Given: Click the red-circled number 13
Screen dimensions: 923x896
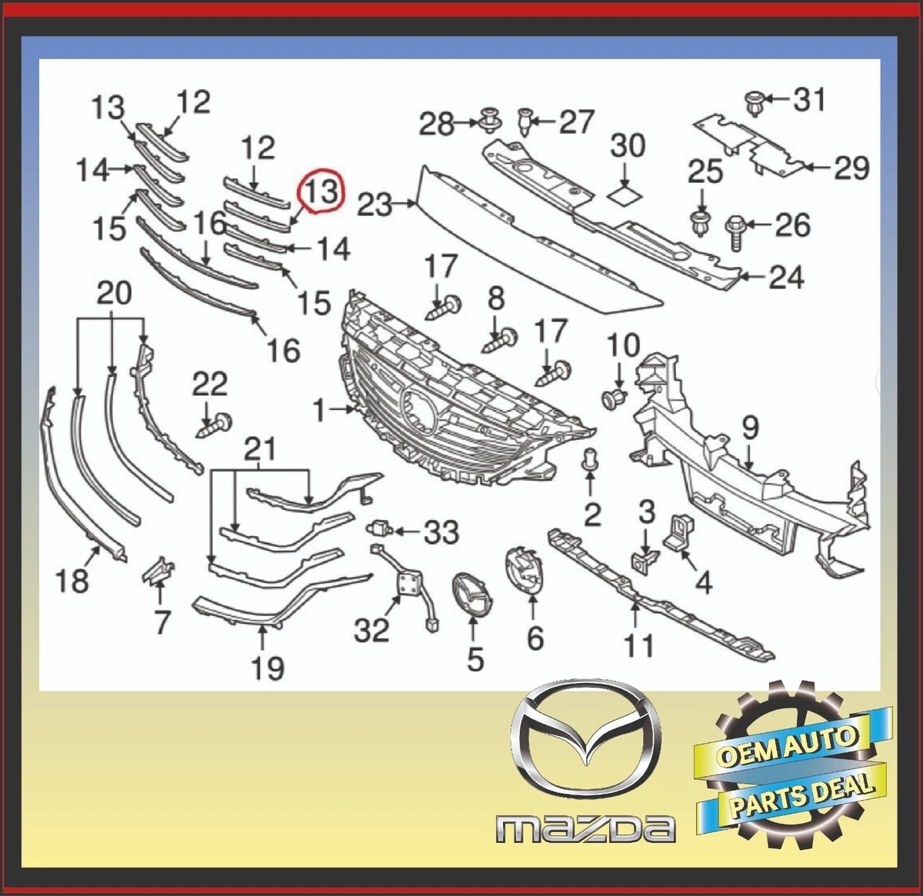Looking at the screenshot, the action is click(322, 192).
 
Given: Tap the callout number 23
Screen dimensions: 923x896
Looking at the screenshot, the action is click(375, 205).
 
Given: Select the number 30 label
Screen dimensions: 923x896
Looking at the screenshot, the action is click(628, 145).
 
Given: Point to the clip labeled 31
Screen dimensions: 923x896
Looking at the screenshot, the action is click(754, 103).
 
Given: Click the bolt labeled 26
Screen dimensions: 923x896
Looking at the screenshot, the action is click(733, 230).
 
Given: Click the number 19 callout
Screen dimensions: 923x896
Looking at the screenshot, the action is click(267, 668).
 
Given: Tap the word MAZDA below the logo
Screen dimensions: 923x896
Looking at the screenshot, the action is click(585, 829).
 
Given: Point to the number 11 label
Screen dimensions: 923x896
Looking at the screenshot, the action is click(638, 645).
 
